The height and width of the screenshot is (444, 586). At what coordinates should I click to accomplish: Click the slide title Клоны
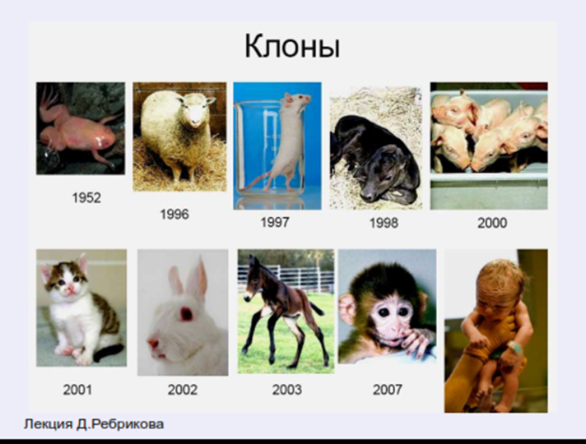click(x=292, y=47)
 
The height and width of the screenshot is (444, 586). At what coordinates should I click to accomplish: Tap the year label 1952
click(x=86, y=197)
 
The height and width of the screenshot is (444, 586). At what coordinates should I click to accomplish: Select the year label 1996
click(x=174, y=215)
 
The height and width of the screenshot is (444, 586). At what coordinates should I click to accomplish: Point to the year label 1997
click(x=275, y=223)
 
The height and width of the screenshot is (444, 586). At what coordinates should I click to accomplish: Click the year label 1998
click(x=384, y=223)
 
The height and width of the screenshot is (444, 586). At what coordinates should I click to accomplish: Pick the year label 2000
click(x=492, y=223)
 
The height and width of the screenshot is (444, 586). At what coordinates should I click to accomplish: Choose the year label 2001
click(x=77, y=390)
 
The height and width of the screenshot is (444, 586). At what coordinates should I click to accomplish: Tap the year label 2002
click(x=183, y=390)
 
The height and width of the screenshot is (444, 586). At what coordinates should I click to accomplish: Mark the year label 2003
click(x=286, y=390)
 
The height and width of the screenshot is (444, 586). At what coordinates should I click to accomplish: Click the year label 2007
click(x=388, y=390)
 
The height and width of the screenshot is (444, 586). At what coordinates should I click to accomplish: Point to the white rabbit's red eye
click(x=187, y=314)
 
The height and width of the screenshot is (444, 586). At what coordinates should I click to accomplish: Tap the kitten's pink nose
click(x=70, y=287)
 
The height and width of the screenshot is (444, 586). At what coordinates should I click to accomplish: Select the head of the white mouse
click(x=297, y=100)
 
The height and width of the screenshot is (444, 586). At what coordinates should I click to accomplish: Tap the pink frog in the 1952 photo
click(x=81, y=134)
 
